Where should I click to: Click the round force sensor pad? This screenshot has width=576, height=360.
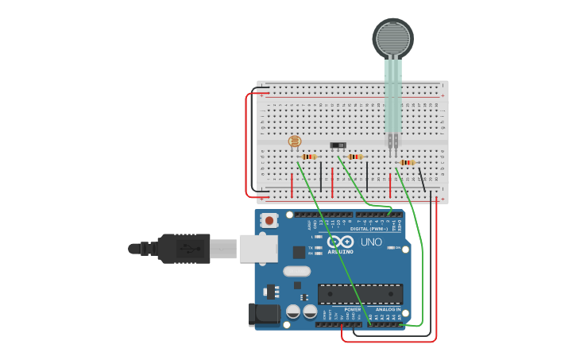392,37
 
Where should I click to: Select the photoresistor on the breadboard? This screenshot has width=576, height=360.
295,142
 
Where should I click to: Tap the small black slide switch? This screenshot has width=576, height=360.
338,145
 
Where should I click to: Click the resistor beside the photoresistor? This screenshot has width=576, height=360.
309,157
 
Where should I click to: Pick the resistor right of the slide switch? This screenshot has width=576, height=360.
355,157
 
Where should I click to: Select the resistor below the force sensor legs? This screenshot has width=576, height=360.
407,163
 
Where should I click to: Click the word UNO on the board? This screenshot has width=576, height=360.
371,242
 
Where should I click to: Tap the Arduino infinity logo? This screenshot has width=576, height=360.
340,242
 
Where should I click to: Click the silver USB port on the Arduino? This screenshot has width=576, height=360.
257,248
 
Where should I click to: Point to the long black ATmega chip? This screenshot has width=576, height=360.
360,293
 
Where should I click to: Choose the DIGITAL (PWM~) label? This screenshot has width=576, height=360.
370,229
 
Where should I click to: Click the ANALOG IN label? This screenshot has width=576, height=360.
388,309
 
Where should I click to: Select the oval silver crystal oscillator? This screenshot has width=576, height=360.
296,271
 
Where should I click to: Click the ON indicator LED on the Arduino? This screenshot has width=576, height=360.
389,248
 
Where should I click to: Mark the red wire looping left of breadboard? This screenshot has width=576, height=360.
247,143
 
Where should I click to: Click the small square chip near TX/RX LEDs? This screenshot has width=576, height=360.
299,252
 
